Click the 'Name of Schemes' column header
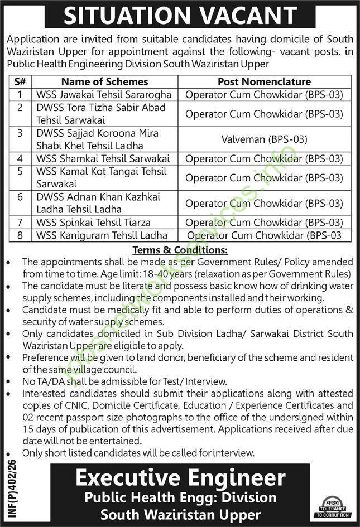pos(104,81)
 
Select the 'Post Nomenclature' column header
pos(264,81)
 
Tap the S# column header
pos(20,81)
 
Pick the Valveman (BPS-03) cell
pos(264,139)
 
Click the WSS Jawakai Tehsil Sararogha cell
pos(104,95)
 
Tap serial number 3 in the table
pos(20,133)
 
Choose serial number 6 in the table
pos(20,197)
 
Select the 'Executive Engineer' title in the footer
pos(180,477)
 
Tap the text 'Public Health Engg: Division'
pos(180,497)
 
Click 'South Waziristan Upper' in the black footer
pos(180,514)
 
